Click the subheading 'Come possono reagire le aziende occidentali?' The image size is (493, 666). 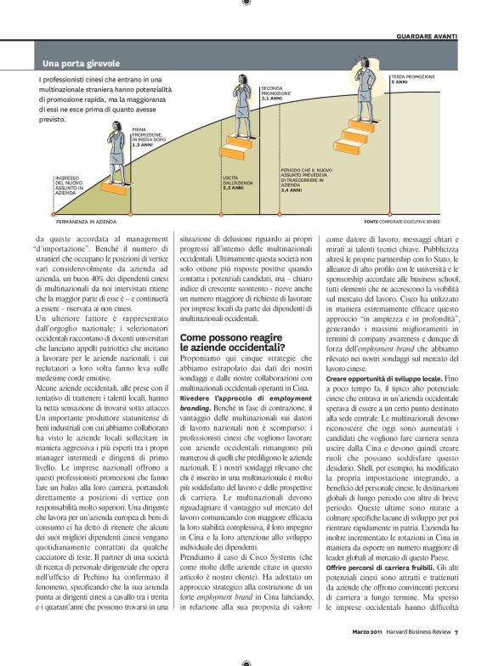coord(233,343)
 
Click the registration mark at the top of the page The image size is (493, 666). coord(246,3)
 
